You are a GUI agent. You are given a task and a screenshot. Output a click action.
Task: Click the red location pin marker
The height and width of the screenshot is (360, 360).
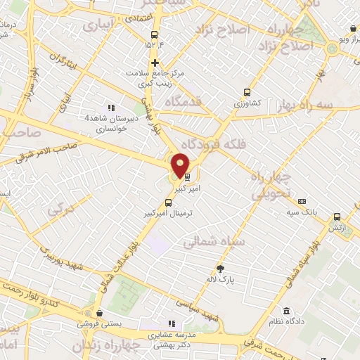tap(180, 165)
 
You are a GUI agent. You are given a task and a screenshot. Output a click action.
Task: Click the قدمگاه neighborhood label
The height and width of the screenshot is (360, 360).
tap(183, 103)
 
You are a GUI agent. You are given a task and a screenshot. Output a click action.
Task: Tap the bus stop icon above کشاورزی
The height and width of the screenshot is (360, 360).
tap(246, 91)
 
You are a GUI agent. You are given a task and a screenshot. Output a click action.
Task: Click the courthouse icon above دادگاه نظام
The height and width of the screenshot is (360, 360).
tap(286, 311)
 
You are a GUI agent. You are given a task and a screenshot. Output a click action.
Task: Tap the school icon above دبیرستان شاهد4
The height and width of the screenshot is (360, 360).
tap(109, 107)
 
